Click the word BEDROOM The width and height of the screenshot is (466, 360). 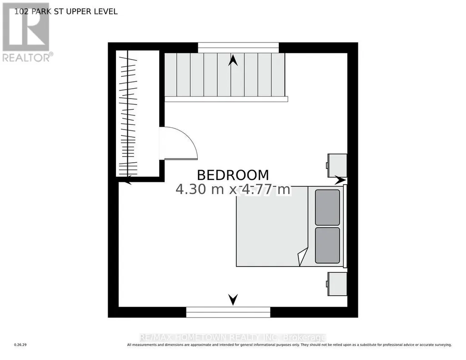233,175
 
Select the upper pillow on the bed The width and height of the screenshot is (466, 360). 327,207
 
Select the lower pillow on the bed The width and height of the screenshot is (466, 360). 327,245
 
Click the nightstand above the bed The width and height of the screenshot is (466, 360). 337,165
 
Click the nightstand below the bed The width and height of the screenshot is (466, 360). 337,284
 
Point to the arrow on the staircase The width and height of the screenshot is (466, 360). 233,60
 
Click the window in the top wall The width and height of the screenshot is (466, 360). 238,48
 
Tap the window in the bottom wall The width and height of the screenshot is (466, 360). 228,312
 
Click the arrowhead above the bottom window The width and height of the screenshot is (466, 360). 233,300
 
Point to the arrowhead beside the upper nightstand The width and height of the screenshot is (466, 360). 340,180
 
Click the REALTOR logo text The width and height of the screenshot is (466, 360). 28,57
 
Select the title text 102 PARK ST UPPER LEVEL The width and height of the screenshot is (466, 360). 66,11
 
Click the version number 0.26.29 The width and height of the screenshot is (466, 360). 20,345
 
